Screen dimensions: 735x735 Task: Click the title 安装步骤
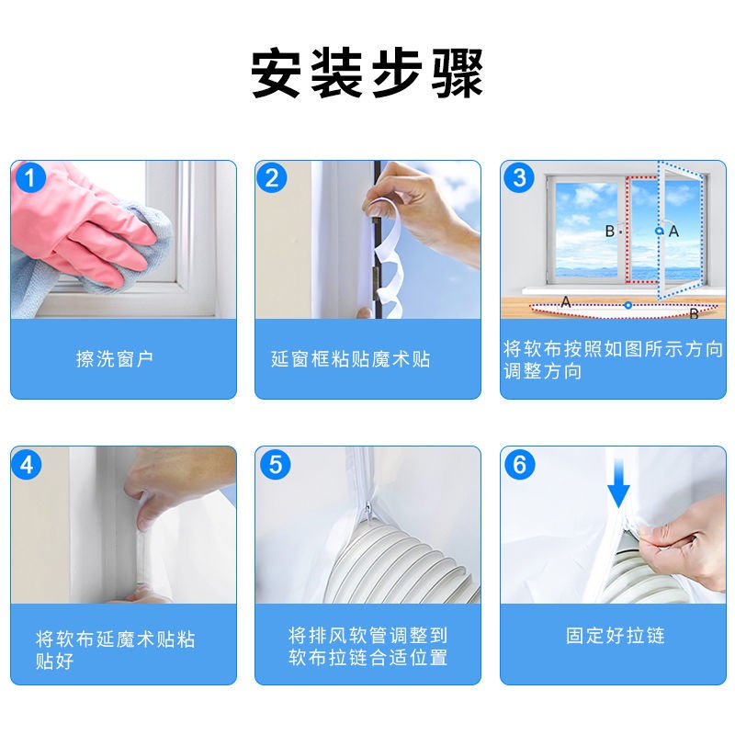pos(367,73)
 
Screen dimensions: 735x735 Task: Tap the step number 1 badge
pos(30,178)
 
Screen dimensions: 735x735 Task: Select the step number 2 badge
pos(272,178)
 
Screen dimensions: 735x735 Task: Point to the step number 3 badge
pos(519,178)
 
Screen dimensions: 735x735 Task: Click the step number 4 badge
pos(27,465)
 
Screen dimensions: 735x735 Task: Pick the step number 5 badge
pos(276,465)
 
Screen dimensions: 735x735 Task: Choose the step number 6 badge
pos(519,465)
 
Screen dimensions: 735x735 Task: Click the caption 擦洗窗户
pos(115,359)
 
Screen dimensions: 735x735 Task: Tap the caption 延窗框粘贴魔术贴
pos(351,359)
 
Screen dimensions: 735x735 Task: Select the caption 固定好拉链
pos(615,636)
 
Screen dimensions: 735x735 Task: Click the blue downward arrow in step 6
pos(618,483)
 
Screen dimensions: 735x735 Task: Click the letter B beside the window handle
pos(610,232)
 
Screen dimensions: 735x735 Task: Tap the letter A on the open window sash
pos(673,232)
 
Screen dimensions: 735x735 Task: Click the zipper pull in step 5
pos(369,512)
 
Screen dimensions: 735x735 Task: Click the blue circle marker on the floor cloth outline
pos(628,305)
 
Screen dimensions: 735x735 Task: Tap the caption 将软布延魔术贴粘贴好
pos(116,650)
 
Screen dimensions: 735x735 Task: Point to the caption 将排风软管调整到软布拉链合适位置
pos(368,647)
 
